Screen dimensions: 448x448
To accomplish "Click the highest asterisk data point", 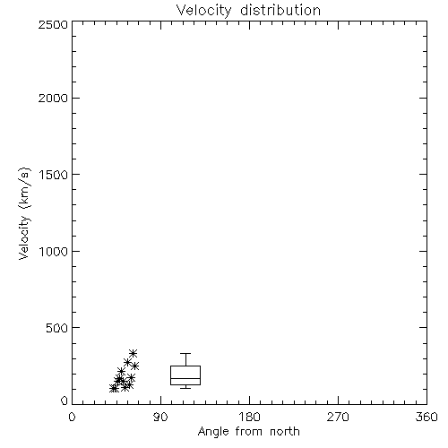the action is coord(133,353).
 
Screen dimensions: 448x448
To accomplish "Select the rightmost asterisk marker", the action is coord(134,366).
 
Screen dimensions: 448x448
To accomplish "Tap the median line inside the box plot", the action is coord(185,378).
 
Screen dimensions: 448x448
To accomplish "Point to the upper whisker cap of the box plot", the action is coord(185,354).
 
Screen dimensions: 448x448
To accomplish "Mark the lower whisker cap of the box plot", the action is coord(185,388).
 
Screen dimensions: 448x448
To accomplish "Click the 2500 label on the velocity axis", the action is coord(53,24).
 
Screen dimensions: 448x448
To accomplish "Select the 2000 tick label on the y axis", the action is coord(53,98).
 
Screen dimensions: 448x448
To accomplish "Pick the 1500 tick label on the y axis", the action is coord(54,175).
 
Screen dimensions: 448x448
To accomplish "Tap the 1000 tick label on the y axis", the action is coord(54,251).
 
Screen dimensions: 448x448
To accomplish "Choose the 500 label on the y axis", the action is coord(57,328).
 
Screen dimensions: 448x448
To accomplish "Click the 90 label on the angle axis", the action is coord(160,417).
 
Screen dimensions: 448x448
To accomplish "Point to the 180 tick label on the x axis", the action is coord(249,417).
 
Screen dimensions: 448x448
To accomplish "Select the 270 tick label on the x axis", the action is coord(338,417).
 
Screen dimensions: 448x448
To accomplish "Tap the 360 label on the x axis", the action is coord(426,417).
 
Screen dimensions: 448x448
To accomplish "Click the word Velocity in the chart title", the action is coord(203,11).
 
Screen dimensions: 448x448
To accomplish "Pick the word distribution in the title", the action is coord(280,10).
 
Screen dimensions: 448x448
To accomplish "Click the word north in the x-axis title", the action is coord(285,431).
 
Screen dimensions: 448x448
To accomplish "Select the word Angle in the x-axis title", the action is coord(213,432).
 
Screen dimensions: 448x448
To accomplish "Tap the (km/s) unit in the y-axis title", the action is coord(24,188).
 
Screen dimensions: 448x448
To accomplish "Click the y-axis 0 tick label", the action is coord(65,401).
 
